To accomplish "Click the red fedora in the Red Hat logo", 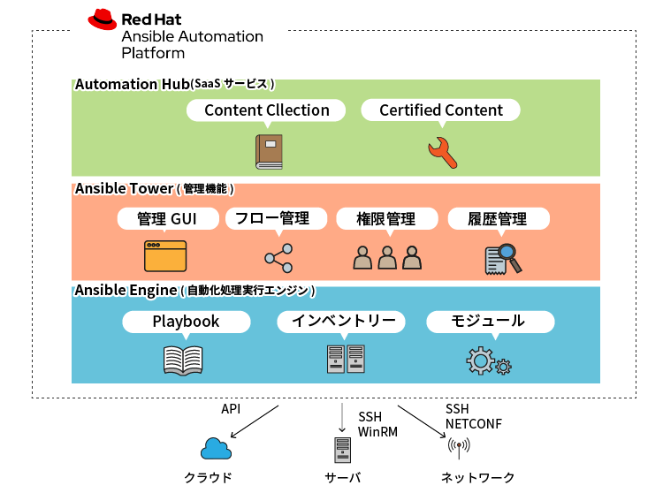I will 103,19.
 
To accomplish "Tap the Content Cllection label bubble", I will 266,110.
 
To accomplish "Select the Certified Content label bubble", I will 440,110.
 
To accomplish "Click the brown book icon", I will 269,151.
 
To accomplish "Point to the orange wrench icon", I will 441,152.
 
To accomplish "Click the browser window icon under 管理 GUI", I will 166,255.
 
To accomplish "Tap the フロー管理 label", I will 277,219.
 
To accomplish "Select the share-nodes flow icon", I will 278,257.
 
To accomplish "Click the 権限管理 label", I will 387,219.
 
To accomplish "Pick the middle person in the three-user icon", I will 387,257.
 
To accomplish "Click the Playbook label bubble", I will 186,322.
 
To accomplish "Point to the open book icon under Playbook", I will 184,359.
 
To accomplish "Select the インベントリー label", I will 342,322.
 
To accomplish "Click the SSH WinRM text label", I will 377,424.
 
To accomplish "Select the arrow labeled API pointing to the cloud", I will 255,421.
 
